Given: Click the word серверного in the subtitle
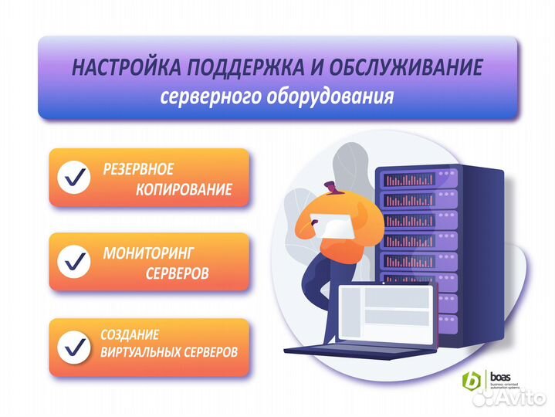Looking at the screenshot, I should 203,98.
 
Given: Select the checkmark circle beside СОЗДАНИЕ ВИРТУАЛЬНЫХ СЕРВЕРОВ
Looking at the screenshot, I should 75,346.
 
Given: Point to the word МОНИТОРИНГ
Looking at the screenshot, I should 149,253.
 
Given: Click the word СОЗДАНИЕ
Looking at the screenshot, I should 130,335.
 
